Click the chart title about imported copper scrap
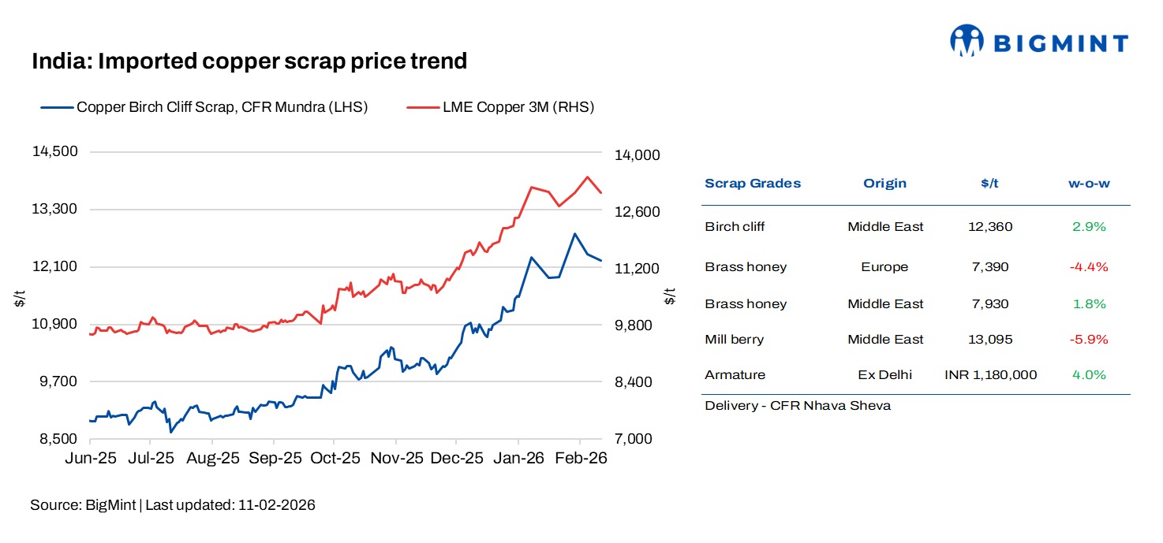click(249, 61)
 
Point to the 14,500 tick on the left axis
click(54, 151)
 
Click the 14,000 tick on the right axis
click(636, 155)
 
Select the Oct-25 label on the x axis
click(335, 458)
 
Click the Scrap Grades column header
click(752, 184)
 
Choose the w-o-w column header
click(1089, 184)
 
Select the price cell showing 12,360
click(989, 227)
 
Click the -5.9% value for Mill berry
click(1089, 340)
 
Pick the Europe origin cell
click(884, 267)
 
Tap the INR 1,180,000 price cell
click(990, 375)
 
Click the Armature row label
click(735, 375)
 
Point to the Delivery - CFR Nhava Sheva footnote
click(798, 406)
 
